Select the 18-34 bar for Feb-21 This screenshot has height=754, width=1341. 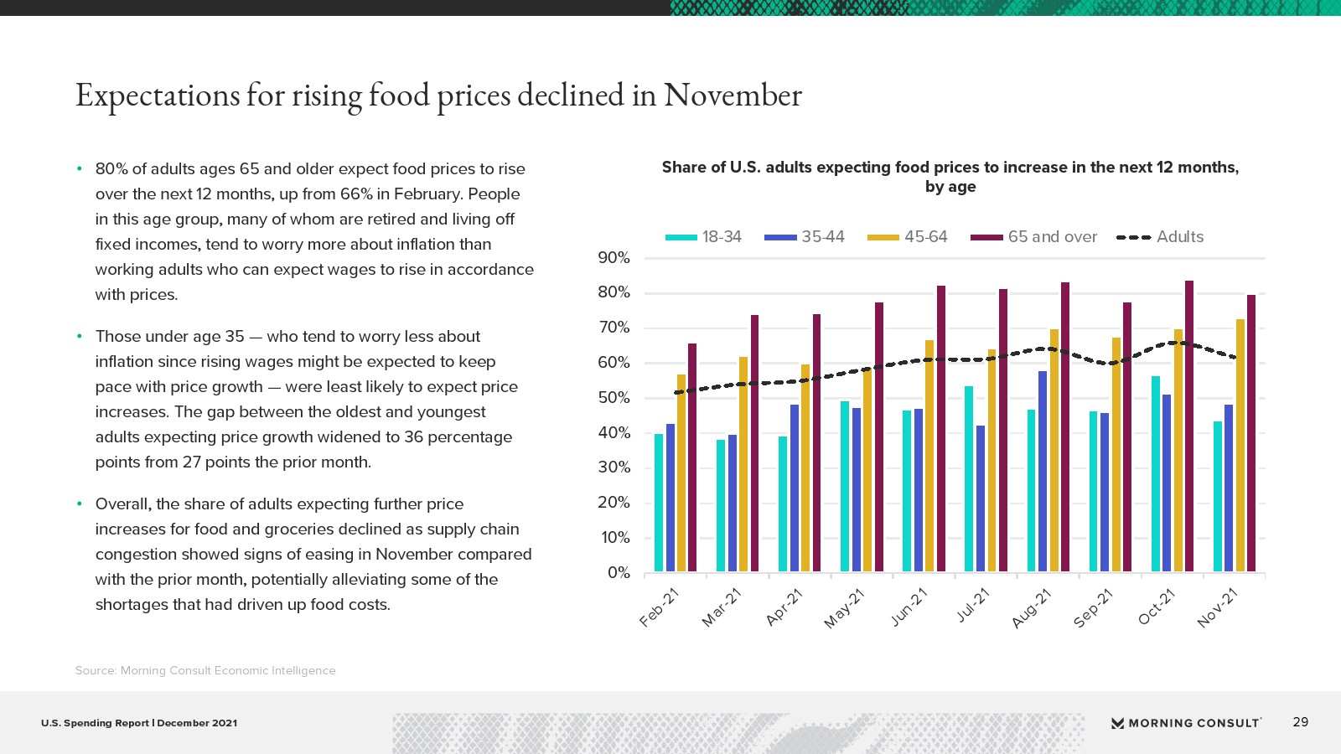tap(659, 503)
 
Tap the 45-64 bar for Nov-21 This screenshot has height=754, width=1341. tap(1240, 446)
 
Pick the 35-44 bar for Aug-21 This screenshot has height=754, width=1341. tap(1043, 472)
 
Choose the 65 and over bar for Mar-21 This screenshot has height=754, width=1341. tap(754, 443)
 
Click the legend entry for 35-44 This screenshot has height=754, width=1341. tap(805, 237)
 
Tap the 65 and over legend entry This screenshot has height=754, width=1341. tap(1034, 237)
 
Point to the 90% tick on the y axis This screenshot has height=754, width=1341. tap(614, 258)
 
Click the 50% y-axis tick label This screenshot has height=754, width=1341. tap(614, 398)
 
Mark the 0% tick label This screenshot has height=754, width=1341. tap(619, 573)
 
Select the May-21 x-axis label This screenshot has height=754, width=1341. tap(844, 608)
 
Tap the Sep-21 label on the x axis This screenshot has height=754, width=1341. tap(1093, 608)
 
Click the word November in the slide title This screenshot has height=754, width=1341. tap(733, 96)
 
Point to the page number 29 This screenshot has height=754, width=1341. tap(1300, 722)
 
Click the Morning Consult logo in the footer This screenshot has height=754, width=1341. tap(1186, 723)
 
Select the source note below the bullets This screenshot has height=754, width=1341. tap(205, 670)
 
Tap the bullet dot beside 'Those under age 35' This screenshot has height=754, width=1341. tap(80, 337)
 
